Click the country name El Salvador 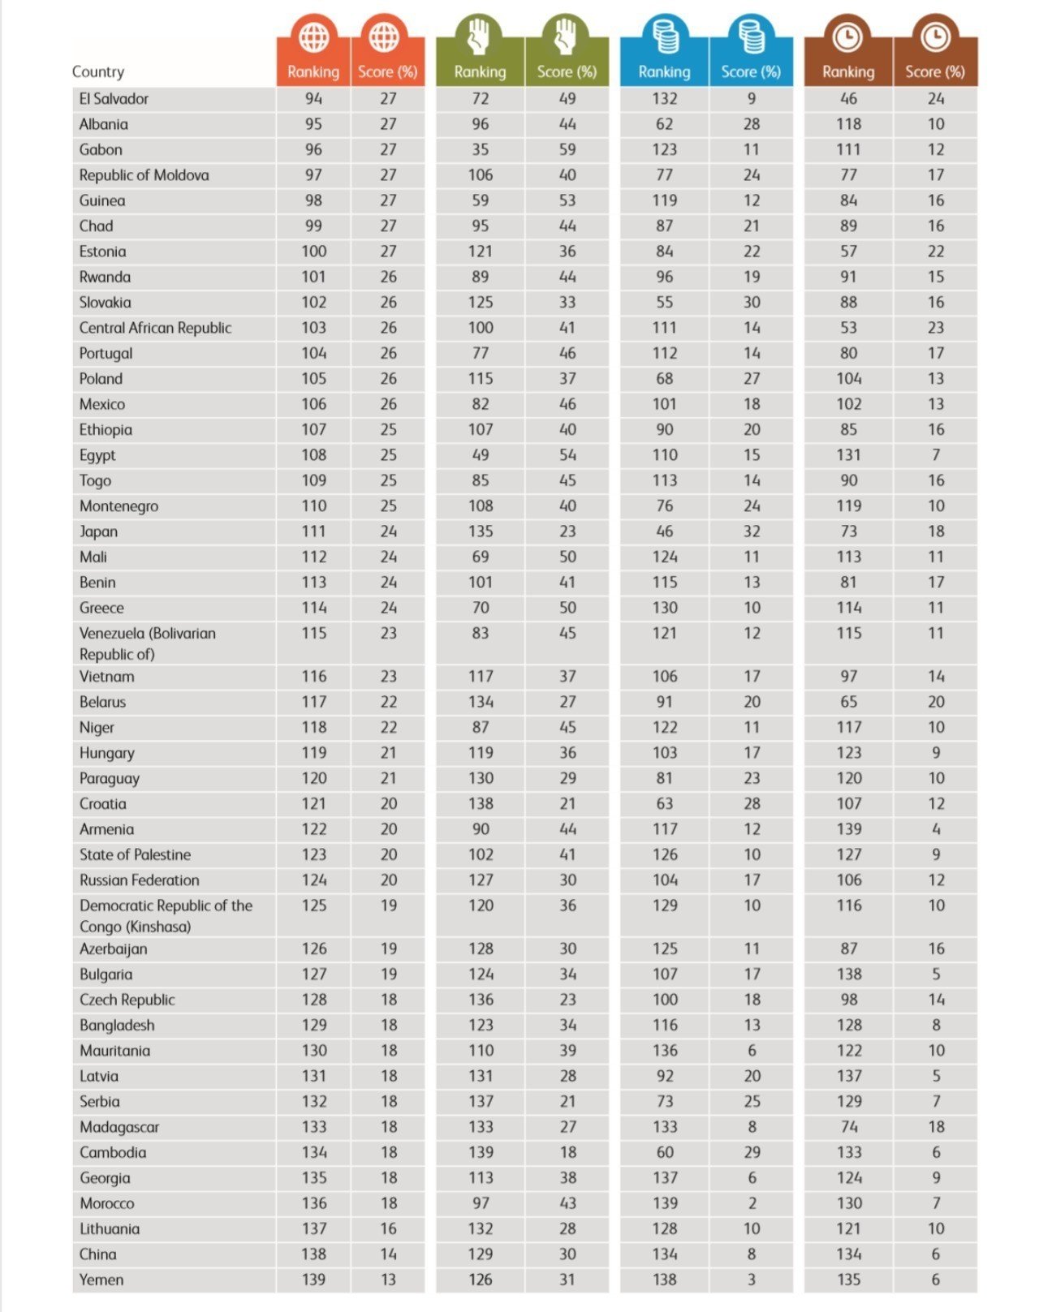pos(114,99)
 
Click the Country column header pos(98,71)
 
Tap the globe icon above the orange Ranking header pos(313,37)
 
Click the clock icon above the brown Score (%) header pos(935,37)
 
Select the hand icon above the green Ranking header pos(480,37)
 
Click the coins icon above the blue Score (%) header pos(751,37)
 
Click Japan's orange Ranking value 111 pos(313,531)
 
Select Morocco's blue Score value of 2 pos(752,1203)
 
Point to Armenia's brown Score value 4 pos(936,829)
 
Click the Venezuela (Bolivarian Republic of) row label pos(147,643)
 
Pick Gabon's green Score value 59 pos(567,150)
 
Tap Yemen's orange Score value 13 pos(389,1280)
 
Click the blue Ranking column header pos(664,71)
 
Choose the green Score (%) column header pos(567,71)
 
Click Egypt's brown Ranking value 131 pos(848,455)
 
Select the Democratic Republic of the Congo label pos(166,916)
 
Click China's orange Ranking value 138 pos(313,1254)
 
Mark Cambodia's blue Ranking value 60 pos(664,1152)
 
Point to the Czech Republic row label pos(127,1000)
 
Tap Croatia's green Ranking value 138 pos(481,804)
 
